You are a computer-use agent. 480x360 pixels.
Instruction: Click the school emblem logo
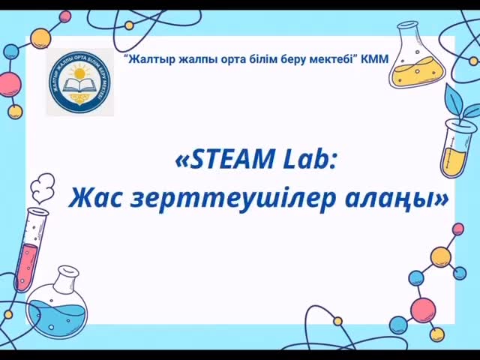[x=80, y=82]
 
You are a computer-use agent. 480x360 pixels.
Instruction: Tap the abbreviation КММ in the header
[x=375, y=58]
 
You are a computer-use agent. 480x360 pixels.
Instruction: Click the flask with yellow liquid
[x=416, y=67]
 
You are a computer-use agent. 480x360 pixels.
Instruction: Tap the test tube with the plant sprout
[x=454, y=150]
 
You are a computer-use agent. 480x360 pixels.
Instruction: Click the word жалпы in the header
[x=193, y=58]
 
